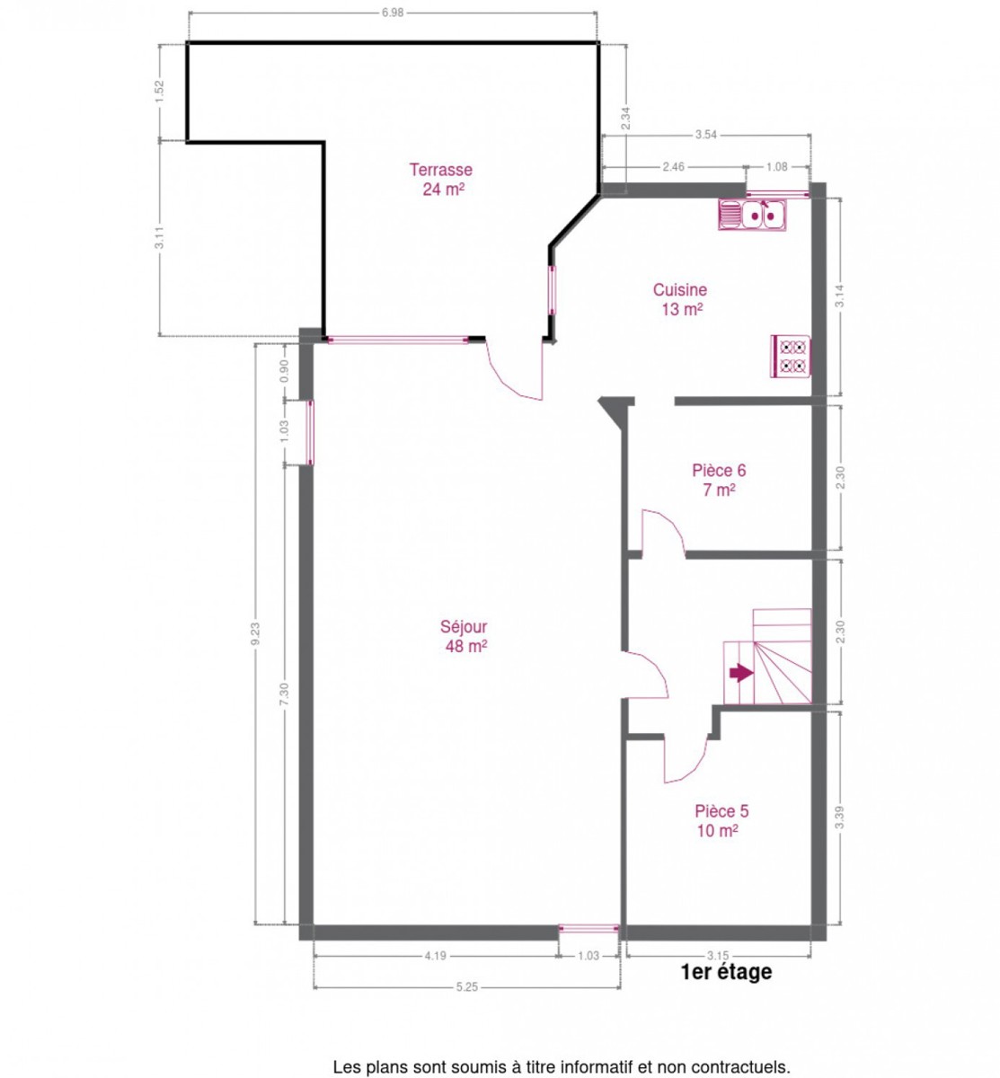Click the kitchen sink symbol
[x=751, y=215]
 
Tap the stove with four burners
[x=790, y=356]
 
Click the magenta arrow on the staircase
[x=740, y=674]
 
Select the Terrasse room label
[x=440, y=170]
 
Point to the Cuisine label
[x=680, y=290]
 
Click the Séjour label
[x=463, y=627]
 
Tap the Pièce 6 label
[x=719, y=470]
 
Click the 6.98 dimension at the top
[x=392, y=13]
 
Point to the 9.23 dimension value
[x=256, y=633]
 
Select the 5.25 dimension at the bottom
[x=467, y=986]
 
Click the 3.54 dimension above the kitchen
[x=706, y=135]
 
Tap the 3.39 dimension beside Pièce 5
[x=840, y=817]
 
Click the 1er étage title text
[x=726, y=972]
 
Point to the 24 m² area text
[x=444, y=190]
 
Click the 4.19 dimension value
[x=436, y=956]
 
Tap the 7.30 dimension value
[x=285, y=694]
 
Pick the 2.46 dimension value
[x=673, y=166]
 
